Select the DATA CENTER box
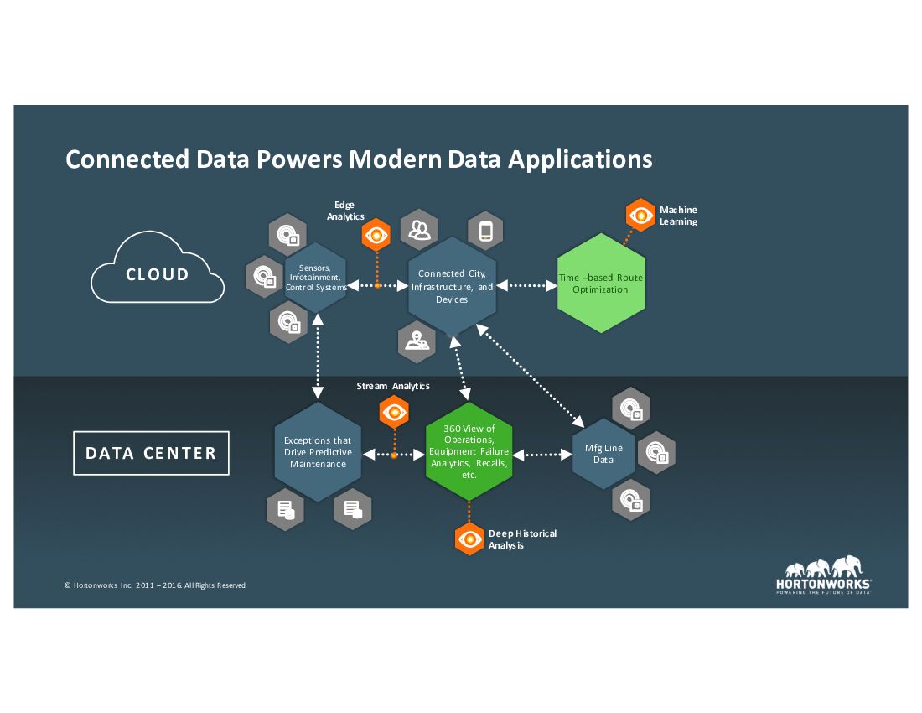[151, 454]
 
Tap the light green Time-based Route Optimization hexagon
[599, 284]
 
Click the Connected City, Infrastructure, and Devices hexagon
[452, 286]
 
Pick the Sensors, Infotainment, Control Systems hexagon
[315, 278]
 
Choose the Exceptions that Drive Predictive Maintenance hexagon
[318, 452]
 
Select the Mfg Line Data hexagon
[603, 454]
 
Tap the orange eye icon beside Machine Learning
[641, 216]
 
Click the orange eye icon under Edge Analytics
[376, 236]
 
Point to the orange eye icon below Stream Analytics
[393, 412]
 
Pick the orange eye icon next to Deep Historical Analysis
[469, 539]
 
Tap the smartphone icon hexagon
[485, 230]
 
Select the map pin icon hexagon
[416, 340]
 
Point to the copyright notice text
[155, 585]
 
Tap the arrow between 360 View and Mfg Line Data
[541, 455]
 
